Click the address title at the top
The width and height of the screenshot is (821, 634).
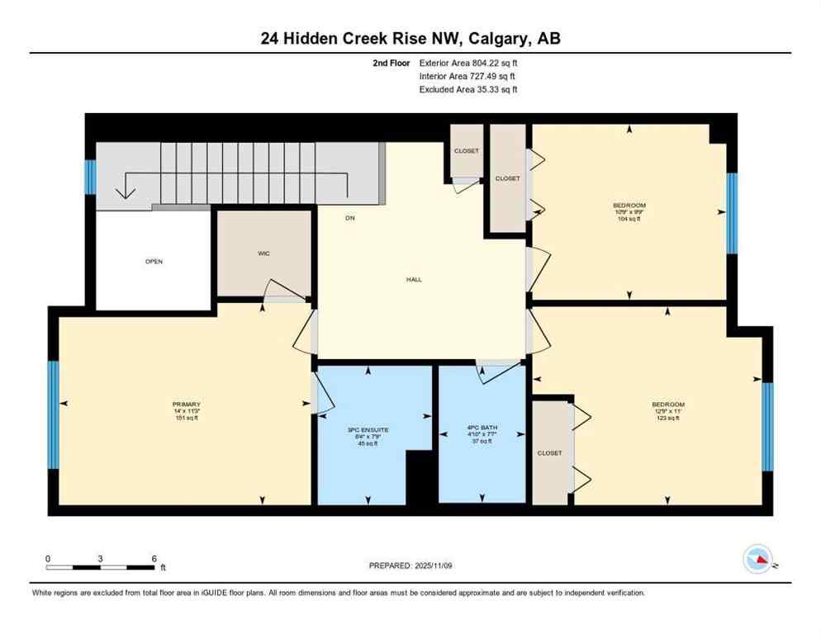coord(410,38)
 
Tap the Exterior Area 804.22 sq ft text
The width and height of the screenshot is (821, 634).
coord(468,62)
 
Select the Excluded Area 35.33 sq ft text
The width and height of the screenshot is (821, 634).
coord(468,89)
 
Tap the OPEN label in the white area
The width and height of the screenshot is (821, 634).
coord(154,262)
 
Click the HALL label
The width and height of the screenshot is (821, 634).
coord(414,279)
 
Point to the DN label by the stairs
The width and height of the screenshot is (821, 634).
coord(349,218)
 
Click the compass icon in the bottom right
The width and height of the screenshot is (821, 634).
coord(757,560)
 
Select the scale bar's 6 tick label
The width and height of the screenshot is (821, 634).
coord(154,558)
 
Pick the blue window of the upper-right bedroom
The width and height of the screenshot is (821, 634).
coord(731,213)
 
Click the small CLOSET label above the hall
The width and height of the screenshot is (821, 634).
coord(466,151)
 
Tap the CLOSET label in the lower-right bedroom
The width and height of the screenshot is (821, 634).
coord(549,453)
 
